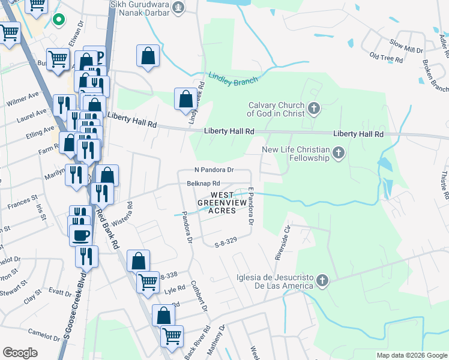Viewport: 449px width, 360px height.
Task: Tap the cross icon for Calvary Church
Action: [313, 109]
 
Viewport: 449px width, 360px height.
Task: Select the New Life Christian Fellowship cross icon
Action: [339, 153]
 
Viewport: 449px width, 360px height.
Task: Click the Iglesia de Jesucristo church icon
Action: [322, 280]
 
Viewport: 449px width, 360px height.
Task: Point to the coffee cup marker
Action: [80, 235]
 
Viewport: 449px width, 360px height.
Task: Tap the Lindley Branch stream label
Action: [233, 79]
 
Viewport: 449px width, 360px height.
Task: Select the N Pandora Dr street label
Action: [213, 170]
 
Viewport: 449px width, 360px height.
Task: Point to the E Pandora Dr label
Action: [251, 206]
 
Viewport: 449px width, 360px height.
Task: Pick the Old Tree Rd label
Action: [385, 58]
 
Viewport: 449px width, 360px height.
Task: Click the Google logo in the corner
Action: [20, 353]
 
